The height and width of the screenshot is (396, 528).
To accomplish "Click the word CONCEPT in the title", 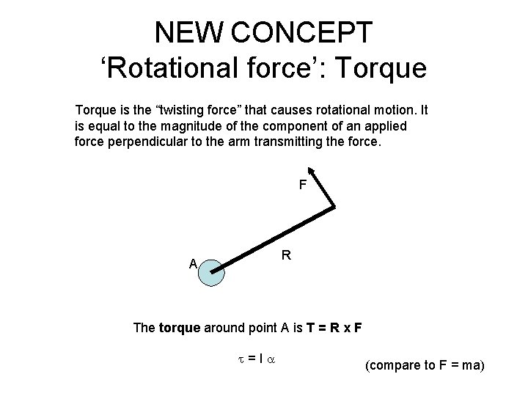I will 302,32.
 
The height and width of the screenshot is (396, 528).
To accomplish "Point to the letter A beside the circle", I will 192,264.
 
